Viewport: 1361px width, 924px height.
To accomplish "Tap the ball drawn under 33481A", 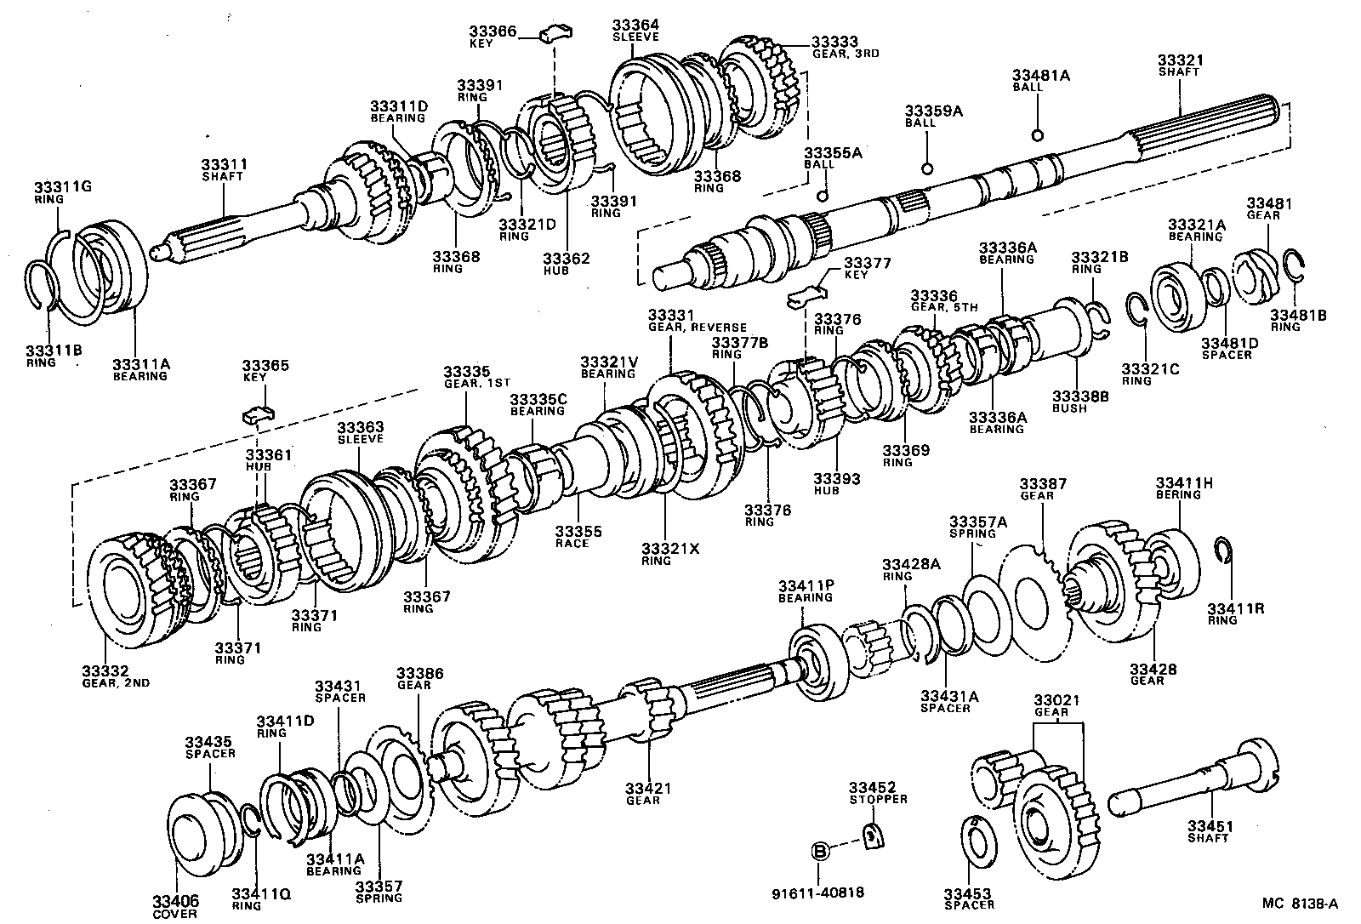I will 1037,135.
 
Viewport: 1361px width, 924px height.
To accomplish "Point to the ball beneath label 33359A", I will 928,167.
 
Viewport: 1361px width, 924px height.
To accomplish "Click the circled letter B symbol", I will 819,851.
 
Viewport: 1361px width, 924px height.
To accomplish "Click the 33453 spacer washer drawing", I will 975,838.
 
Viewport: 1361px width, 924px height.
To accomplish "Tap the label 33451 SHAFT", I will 1210,831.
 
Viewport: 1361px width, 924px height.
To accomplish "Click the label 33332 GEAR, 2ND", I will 115,676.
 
